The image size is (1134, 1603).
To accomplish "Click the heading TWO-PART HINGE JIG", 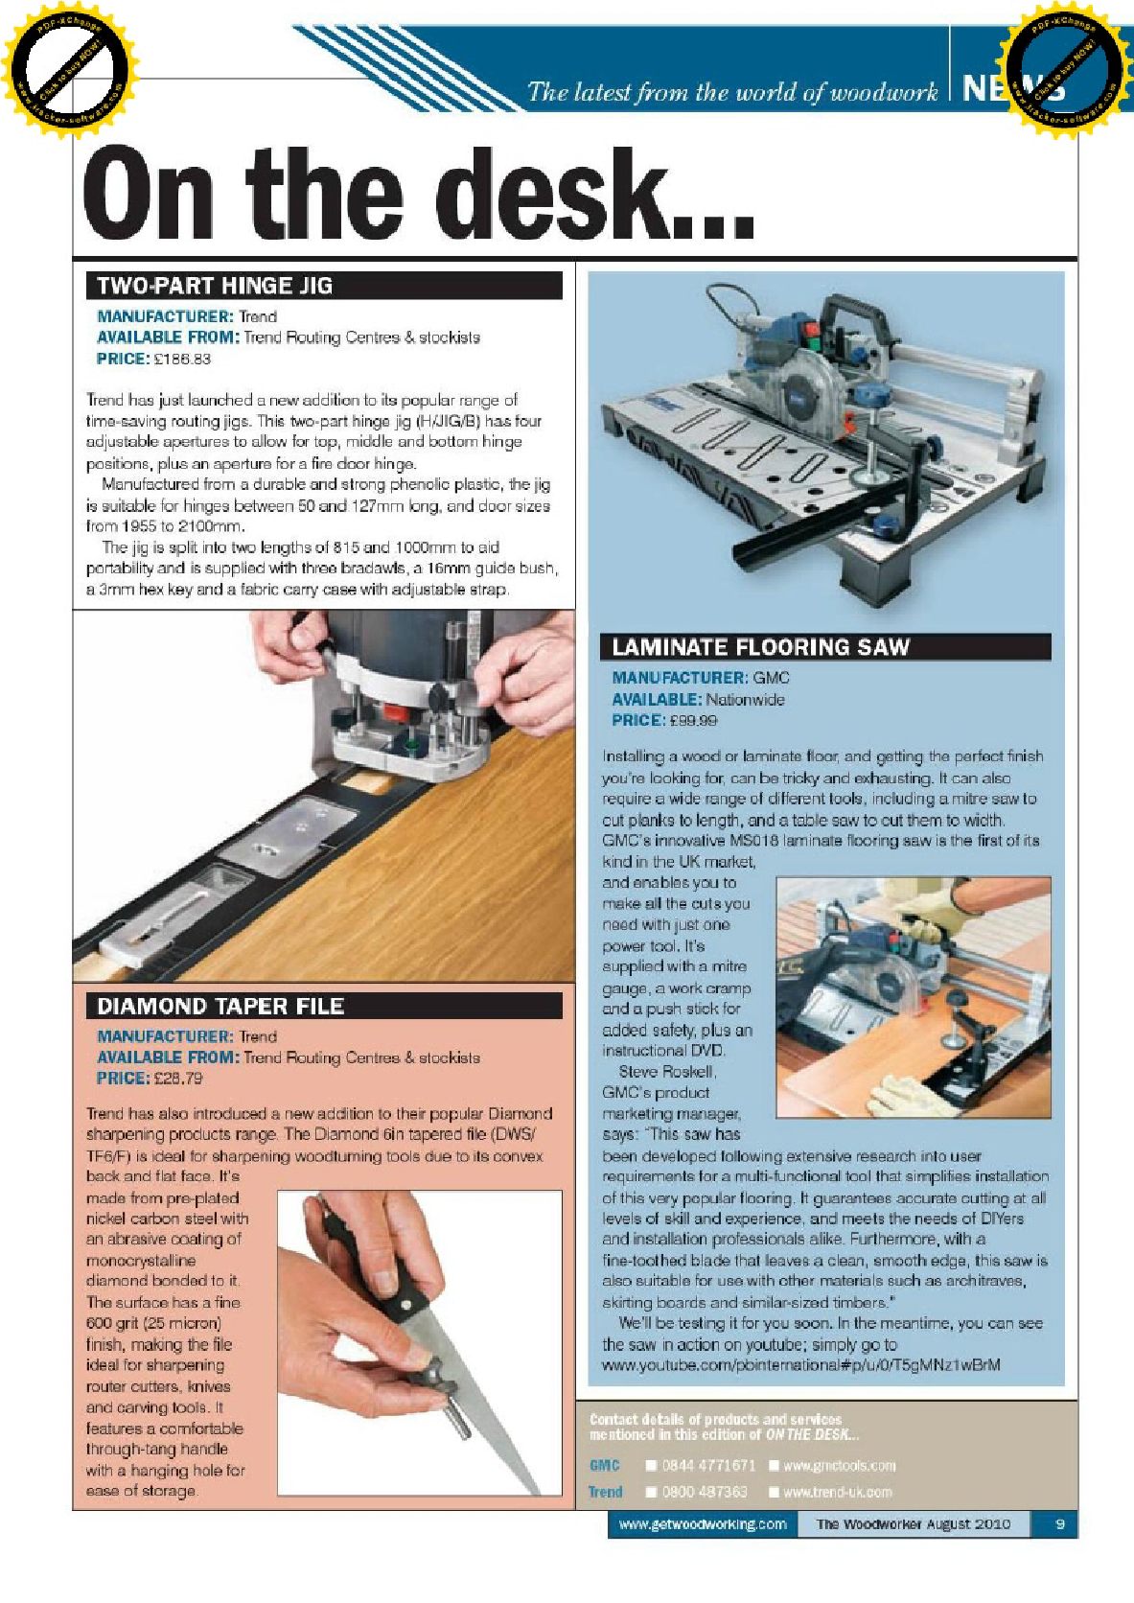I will click(x=215, y=286).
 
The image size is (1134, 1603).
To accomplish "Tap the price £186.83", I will click(x=181, y=359).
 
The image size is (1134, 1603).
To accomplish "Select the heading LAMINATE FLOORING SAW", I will click(x=760, y=647).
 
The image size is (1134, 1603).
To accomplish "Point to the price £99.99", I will click(x=691, y=720).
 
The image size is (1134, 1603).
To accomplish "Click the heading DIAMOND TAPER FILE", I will click(x=220, y=1006).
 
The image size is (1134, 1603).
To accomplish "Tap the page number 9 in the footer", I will click(x=1059, y=1523).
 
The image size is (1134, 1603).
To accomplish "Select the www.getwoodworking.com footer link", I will click(x=703, y=1523).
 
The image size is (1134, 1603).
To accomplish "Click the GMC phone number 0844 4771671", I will click(x=708, y=1465).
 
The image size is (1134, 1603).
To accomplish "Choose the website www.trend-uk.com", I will click(x=837, y=1492).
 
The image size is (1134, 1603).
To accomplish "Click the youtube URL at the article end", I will click(x=800, y=1364).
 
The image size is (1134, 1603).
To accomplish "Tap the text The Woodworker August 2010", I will click(x=913, y=1523).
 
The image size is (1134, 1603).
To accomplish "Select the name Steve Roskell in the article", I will click(x=667, y=1071).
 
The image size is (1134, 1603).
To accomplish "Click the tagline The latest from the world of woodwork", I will click(x=732, y=92).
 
